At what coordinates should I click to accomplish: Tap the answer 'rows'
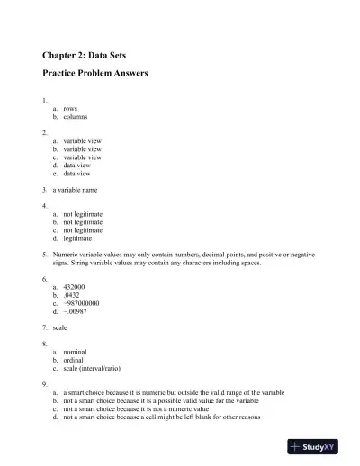tap(70, 108)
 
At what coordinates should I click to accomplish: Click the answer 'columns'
tap(76, 117)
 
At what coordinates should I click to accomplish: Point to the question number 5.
tap(44, 255)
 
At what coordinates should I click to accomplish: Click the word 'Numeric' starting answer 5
tap(67, 255)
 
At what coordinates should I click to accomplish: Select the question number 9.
tap(44, 385)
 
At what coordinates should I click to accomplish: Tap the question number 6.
tap(44, 279)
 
